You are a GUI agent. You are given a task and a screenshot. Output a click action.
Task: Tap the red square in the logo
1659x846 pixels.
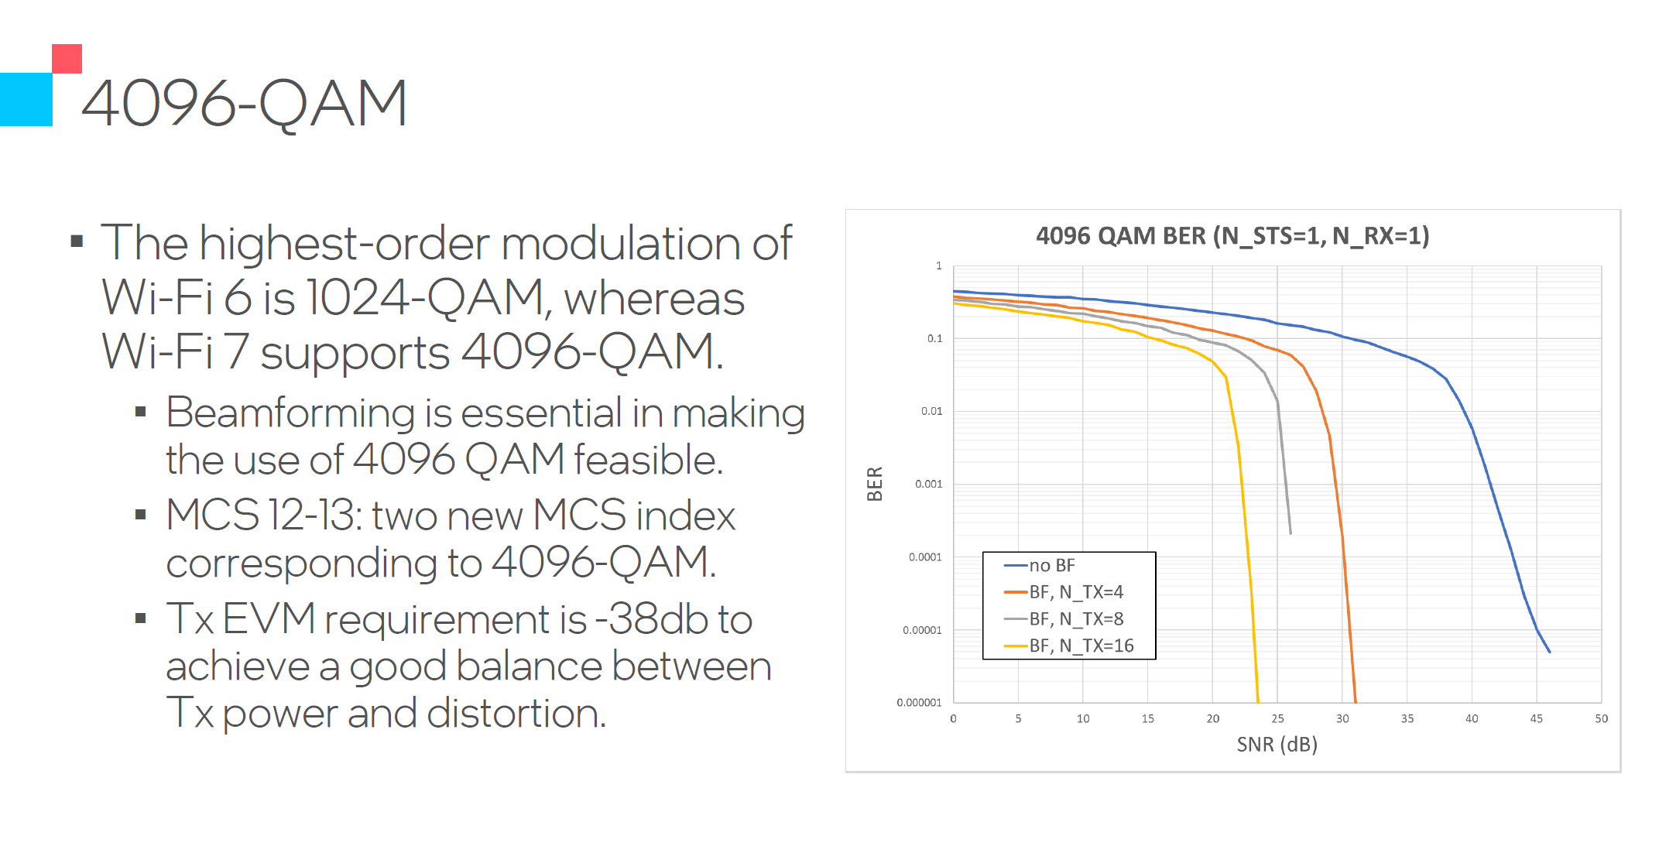pos(67,59)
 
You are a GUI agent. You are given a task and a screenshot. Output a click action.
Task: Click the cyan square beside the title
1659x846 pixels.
pos(26,99)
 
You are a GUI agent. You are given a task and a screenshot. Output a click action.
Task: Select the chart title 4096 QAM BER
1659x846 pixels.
pos(1232,235)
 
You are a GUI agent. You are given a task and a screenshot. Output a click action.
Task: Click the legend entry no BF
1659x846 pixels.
pos(1051,566)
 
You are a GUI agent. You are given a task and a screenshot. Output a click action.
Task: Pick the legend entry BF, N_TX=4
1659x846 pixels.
pos(1075,592)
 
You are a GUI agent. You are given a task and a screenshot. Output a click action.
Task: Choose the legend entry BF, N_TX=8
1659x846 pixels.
pos(1075,619)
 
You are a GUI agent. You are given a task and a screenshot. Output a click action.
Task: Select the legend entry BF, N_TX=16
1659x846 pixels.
pos(1081,646)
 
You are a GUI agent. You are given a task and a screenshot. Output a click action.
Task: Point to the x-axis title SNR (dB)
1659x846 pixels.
pos(1277,744)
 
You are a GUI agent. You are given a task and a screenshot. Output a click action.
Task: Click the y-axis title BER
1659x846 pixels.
pos(875,484)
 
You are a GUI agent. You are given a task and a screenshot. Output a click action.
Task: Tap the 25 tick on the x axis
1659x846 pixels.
pos(1277,718)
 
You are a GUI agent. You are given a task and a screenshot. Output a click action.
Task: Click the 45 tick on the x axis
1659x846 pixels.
pos(1536,718)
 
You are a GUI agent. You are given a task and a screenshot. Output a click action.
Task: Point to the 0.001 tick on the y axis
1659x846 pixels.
pos(928,484)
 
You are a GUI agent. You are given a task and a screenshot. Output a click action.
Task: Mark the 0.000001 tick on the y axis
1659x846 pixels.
pos(919,703)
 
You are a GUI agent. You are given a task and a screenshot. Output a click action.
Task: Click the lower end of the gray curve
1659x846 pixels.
pos(1290,533)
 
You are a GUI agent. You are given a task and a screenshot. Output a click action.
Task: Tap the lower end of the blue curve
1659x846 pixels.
pos(1549,652)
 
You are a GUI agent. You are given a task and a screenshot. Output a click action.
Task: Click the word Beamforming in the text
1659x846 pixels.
pos(291,413)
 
